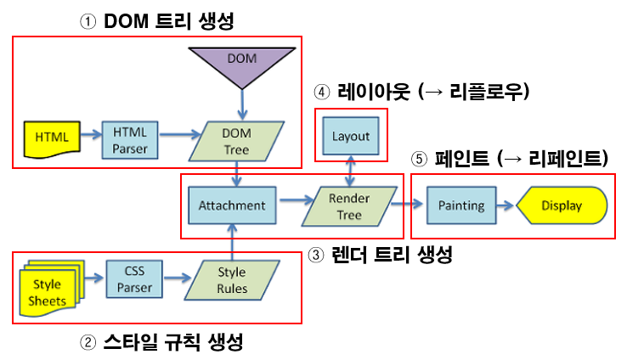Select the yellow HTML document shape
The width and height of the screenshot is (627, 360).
click(51, 136)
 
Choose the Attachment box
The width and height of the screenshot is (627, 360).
click(232, 205)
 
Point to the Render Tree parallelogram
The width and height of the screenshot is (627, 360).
click(349, 205)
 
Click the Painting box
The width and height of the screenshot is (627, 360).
click(461, 205)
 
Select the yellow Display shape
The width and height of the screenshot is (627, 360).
click(561, 205)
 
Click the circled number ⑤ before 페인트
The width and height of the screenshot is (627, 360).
click(420, 158)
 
